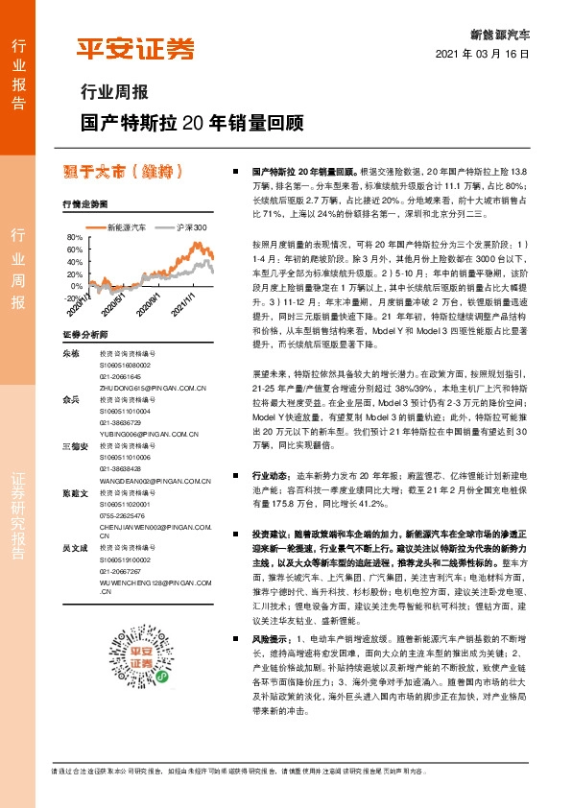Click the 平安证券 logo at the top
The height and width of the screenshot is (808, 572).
pyautogui.click(x=134, y=48)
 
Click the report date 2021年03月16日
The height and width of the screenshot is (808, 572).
pyautogui.click(x=489, y=56)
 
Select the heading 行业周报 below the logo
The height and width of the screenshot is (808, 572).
pyautogui.click(x=112, y=94)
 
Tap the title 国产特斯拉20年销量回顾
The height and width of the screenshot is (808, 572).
pyautogui.click(x=191, y=123)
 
